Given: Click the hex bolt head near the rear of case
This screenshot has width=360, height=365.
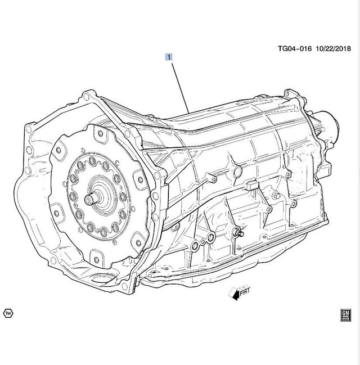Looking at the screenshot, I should tap(275, 195).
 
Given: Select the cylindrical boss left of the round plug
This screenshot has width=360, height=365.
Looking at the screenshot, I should tap(213, 179).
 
